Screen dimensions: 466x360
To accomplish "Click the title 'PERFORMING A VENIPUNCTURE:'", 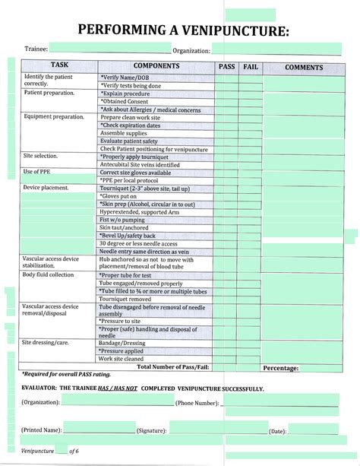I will click(x=182, y=30).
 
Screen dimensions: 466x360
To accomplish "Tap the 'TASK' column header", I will click(x=59, y=66).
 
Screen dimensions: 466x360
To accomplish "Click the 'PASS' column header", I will click(x=226, y=67).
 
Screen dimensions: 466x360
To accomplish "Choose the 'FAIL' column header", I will click(x=251, y=67).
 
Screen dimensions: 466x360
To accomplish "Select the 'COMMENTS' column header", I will click(x=304, y=67).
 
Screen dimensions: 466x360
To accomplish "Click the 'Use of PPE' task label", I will click(x=38, y=171).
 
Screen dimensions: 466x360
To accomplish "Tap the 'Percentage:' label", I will click(x=280, y=368).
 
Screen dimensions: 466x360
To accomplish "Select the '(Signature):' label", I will click(x=151, y=430).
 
